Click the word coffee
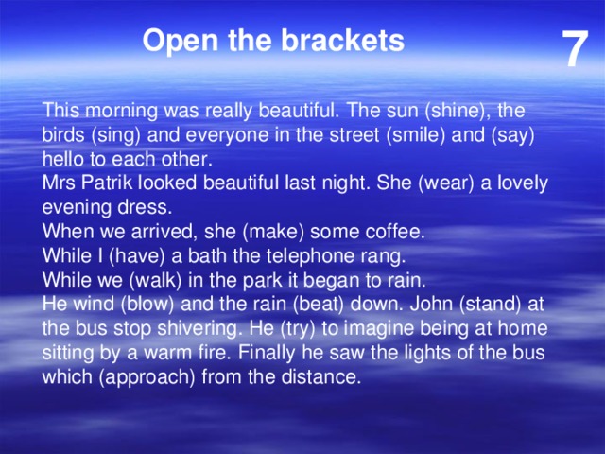394,232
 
